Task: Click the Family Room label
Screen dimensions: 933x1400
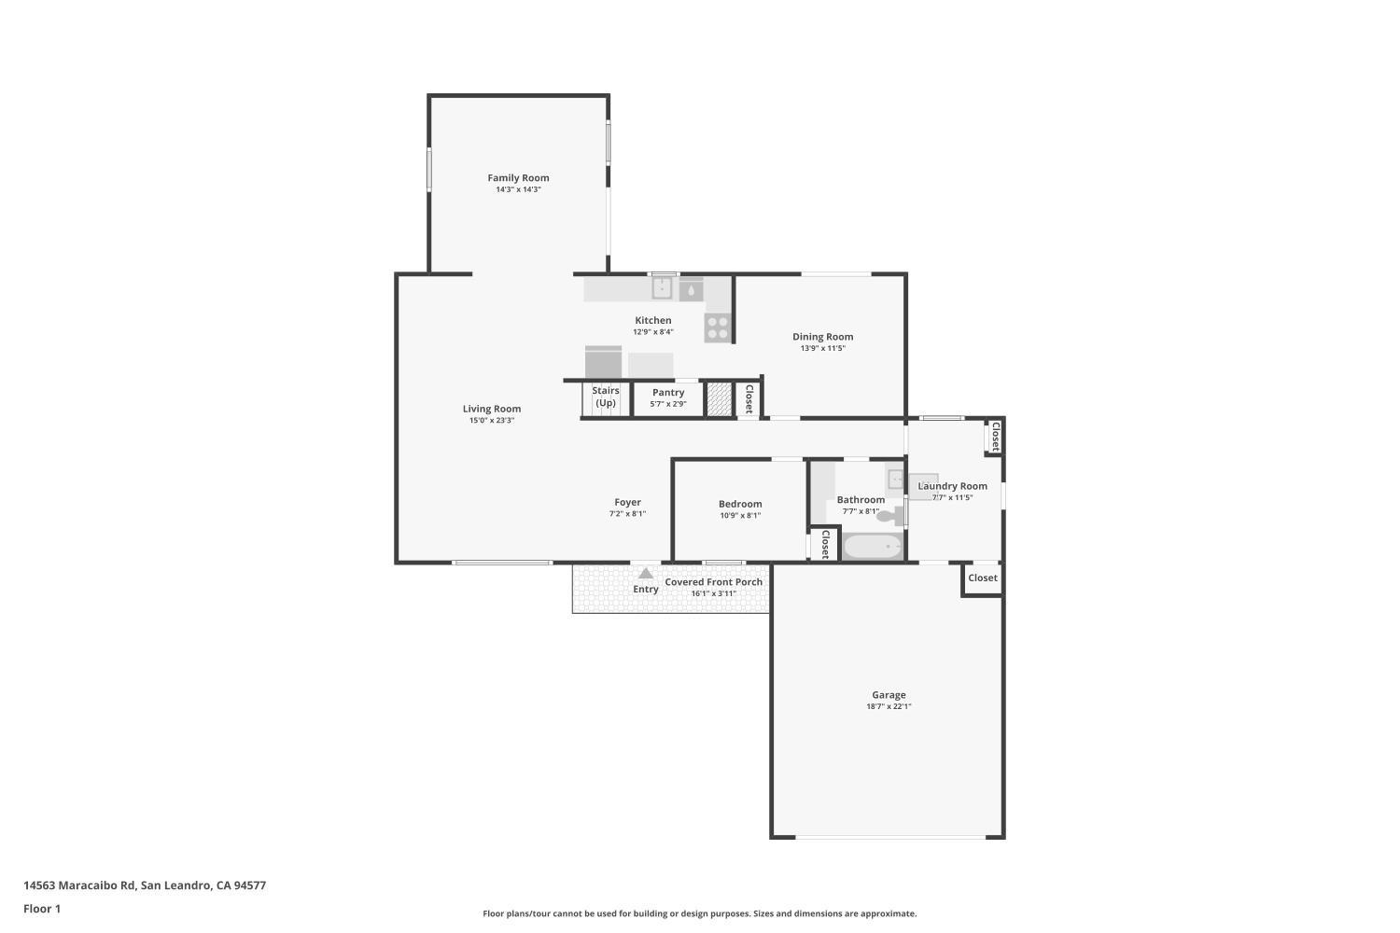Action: point(518,177)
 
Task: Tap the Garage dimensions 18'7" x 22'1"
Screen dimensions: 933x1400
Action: point(889,706)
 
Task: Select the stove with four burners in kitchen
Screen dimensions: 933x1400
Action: point(718,327)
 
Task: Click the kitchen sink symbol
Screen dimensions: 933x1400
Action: point(662,288)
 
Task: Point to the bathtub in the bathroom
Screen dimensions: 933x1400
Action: point(873,546)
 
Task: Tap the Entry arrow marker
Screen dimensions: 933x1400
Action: point(646,574)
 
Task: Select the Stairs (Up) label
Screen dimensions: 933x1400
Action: point(606,397)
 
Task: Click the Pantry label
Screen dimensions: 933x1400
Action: point(668,393)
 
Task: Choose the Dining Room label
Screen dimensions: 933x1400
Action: point(822,337)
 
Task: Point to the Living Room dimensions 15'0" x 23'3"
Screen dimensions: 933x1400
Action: point(492,421)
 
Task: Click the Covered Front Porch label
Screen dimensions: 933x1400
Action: point(713,582)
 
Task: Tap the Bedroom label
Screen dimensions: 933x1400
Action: point(740,504)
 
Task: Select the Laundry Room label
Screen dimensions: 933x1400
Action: point(952,486)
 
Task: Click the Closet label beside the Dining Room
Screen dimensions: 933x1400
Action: point(749,398)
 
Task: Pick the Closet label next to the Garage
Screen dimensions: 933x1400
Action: point(982,578)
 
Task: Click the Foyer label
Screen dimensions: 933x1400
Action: point(627,502)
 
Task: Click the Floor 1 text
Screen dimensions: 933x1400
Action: point(42,909)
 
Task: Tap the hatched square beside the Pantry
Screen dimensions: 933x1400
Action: point(718,398)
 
